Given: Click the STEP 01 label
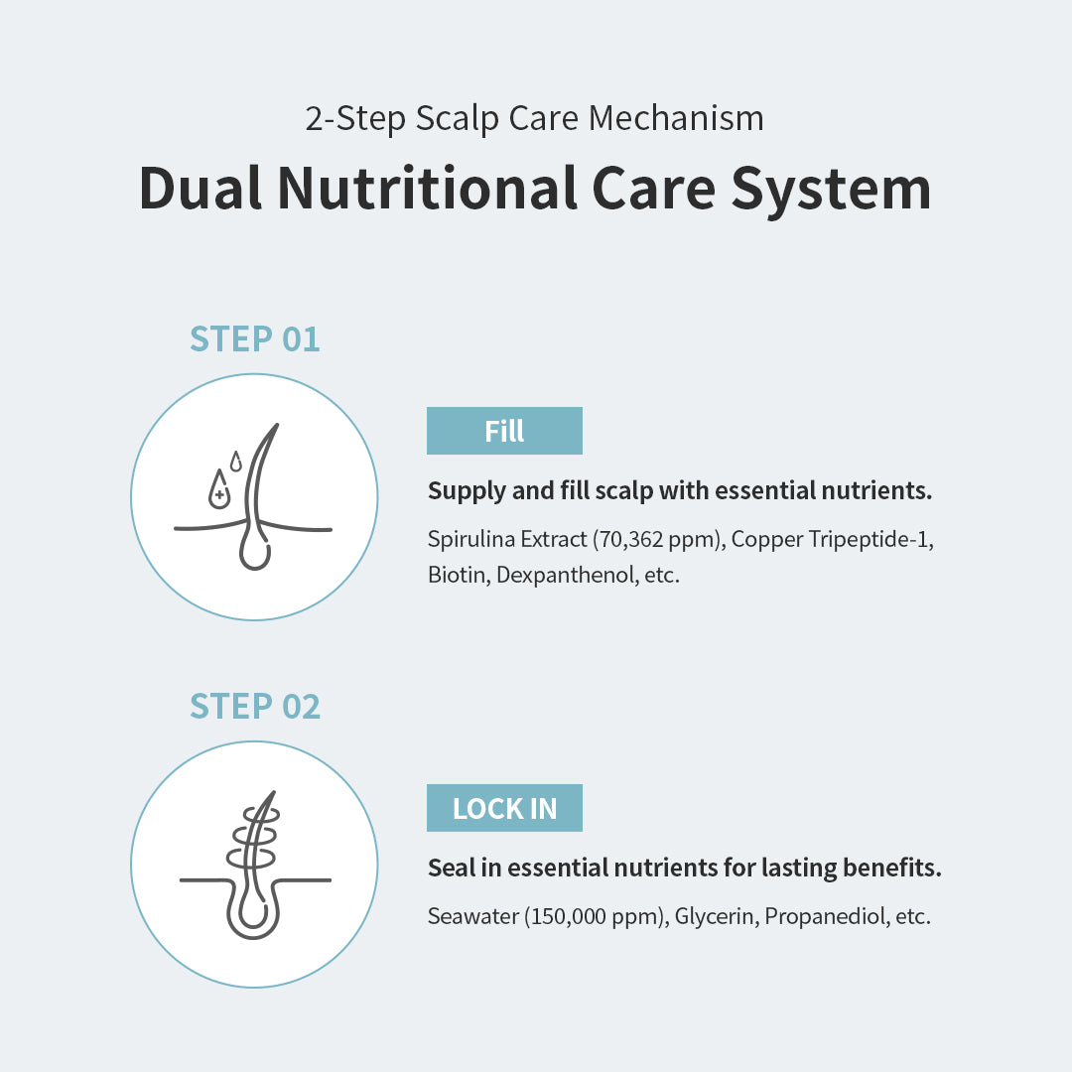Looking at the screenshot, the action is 254,339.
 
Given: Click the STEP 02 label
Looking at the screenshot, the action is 254,707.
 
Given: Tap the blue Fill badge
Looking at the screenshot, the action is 504,431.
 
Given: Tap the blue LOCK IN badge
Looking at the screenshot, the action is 504,808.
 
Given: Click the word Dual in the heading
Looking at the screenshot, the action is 200,188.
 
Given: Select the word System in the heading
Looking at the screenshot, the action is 832,190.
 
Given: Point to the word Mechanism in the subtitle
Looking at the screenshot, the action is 676,118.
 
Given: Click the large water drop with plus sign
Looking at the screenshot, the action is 218,489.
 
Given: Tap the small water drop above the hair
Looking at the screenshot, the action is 236,462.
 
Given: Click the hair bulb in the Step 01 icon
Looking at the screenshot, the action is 255,553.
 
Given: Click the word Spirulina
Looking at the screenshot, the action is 471,540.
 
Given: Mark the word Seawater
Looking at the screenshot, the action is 473,916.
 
